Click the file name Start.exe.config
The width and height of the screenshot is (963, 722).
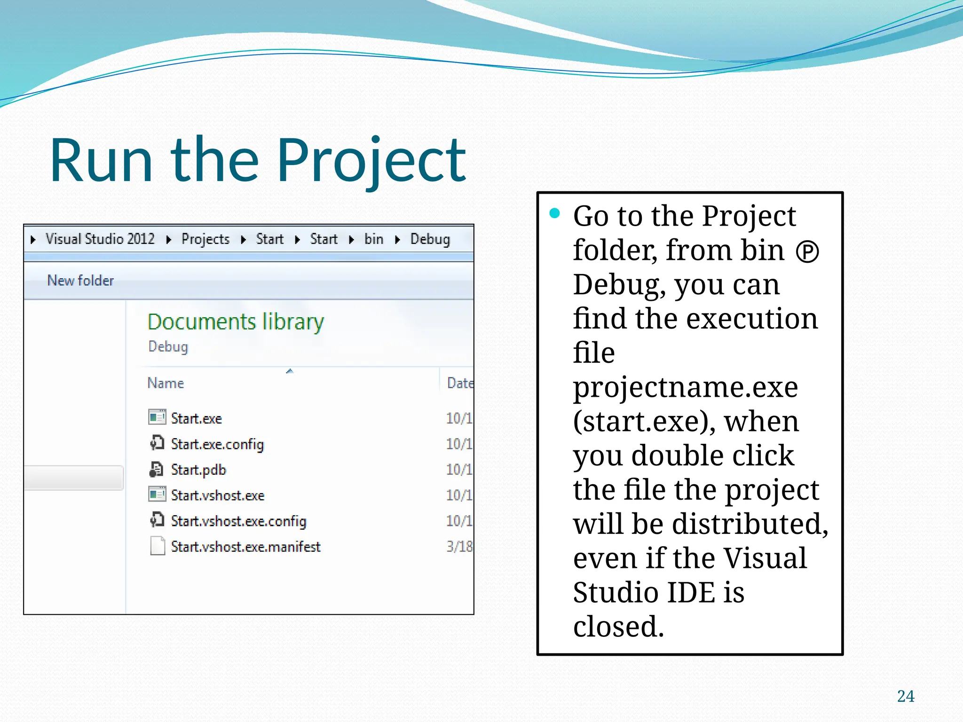click(217, 444)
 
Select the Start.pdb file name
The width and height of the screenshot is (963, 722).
click(198, 470)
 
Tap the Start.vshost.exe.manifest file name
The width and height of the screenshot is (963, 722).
click(245, 547)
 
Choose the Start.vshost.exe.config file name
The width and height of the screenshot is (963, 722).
click(238, 521)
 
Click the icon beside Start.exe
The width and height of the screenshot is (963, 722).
click(157, 417)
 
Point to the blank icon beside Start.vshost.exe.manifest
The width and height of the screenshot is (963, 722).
click(158, 546)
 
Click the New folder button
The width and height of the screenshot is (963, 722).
click(80, 281)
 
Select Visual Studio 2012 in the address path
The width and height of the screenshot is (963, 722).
click(100, 239)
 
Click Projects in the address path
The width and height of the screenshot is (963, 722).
click(205, 239)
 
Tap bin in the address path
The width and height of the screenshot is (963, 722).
click(374, 239)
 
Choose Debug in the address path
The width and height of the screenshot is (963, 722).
click(430, 239)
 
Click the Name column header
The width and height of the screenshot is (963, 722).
click(166, 383)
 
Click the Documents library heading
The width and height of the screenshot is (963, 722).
click(236, 322)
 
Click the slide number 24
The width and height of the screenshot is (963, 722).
click(906, 696)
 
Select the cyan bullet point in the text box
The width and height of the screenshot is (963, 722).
click(555, 214)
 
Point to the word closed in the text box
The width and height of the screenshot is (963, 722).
click(618, 627)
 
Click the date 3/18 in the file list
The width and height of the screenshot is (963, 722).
click(459, 547)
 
